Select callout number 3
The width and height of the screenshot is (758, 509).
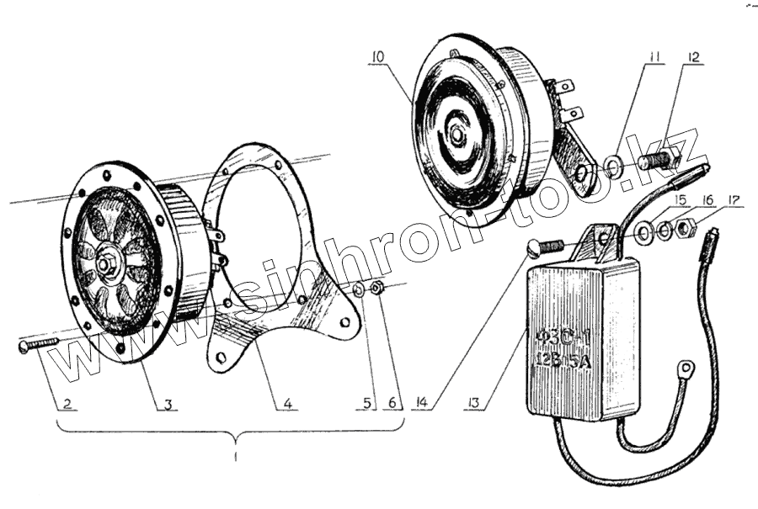pyautogui.click(x=168, y=404)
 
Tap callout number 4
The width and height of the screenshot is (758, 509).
pyautogui.click(x=288, y=404)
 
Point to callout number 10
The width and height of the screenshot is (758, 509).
pyautogui.click(x=376, y=57)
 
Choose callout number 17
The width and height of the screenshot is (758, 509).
pyautogui.click(x=735, y=200)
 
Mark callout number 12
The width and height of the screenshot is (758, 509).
pyautogui.click(x=694, y=57)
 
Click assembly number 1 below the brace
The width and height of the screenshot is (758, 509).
pyautogui.click(x=237, y=457)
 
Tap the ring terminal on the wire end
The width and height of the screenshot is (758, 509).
pyautogui.click(x=687, y=368)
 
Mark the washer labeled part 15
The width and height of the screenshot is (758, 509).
pyautogui.click(x=643, y=232)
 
